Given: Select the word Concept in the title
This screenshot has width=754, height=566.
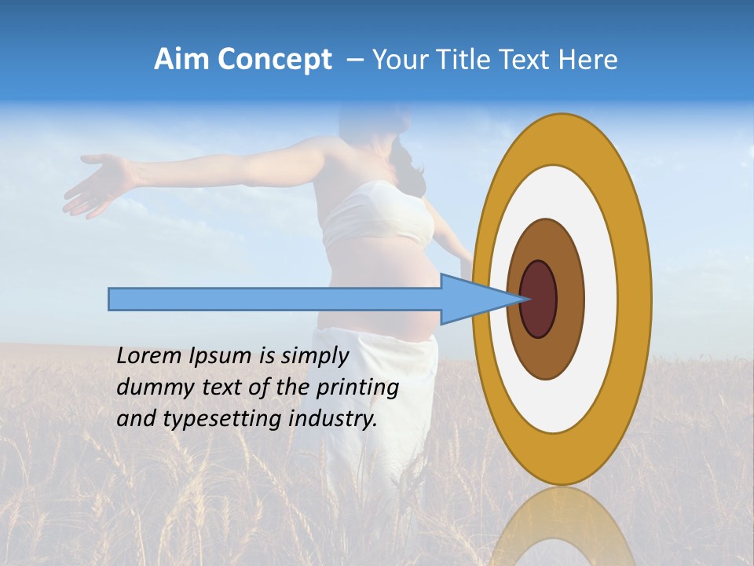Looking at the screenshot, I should tap(274, 61).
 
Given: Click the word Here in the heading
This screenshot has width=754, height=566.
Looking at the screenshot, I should tap(588, 60).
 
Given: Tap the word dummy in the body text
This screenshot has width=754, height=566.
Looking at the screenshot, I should tap(149, 388).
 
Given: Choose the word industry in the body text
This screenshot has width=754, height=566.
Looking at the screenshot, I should tap(331, 420).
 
